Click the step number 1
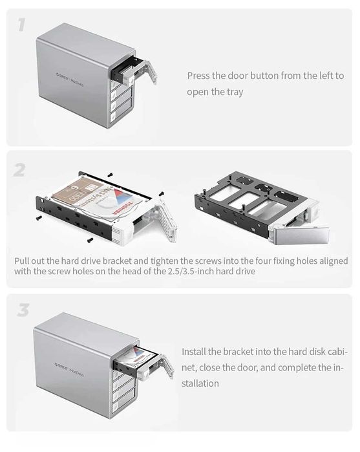[21, 25]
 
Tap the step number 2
[19, 171]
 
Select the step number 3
[23, 310]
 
